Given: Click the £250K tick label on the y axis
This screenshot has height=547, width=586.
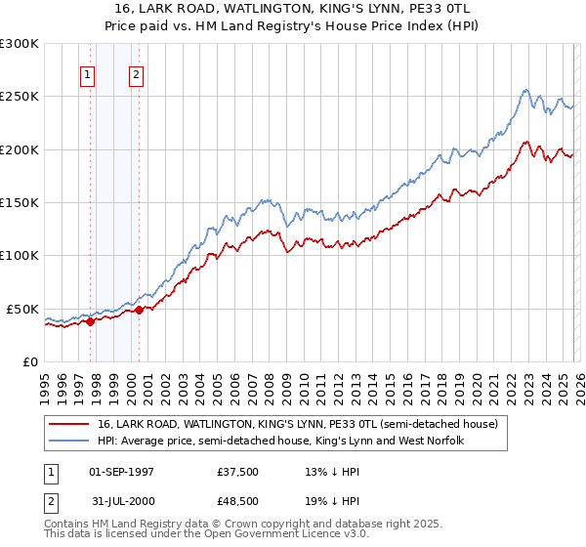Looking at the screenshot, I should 20,97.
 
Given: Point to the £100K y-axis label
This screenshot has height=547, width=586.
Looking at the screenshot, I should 20,255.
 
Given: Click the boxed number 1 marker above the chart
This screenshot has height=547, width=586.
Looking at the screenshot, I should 89,74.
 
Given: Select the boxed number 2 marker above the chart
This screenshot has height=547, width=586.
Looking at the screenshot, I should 136,74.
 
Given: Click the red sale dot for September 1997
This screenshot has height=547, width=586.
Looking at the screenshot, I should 90,321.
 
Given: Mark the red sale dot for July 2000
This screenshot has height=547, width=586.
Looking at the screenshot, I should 140,310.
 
